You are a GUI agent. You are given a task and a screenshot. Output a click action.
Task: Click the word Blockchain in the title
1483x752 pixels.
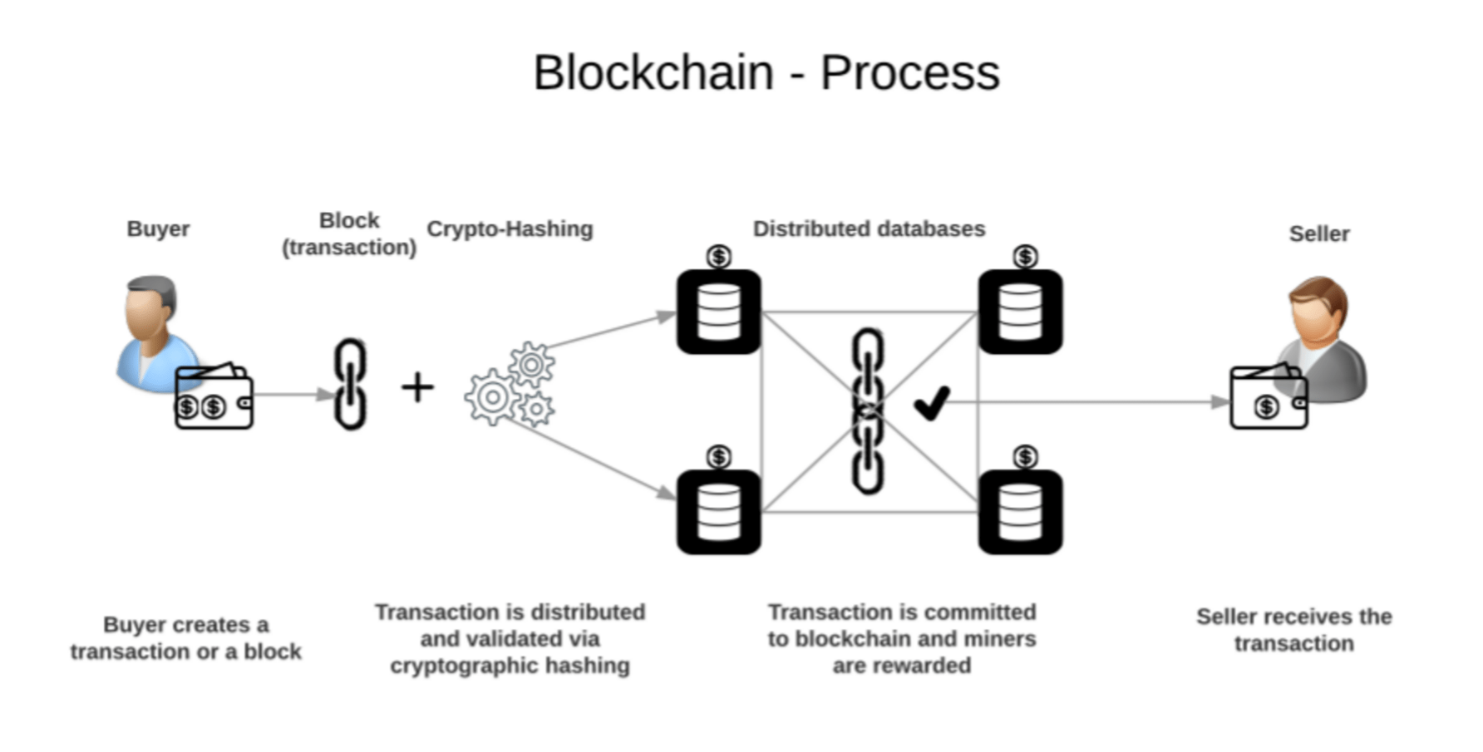click(x=653, y=72)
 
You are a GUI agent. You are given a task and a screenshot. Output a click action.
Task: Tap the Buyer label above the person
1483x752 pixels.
click(x=158, y=229)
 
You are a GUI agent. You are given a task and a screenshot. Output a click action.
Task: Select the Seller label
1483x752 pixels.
click(x=1318, y=233)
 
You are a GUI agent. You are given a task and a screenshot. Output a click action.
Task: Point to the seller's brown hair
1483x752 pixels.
click(x=1320, y=291)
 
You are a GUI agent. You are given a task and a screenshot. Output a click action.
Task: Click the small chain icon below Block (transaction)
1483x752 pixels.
click(x=350, y=384)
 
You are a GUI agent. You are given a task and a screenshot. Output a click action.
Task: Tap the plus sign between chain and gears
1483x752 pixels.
click(x=417, y=387)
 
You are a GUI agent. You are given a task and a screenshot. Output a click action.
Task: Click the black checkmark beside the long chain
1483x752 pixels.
click(x=932, y=403)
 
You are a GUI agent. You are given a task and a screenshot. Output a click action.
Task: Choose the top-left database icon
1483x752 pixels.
click(x=719, y=312)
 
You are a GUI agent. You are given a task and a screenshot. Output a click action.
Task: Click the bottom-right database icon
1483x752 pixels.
click(x=1020, y=512)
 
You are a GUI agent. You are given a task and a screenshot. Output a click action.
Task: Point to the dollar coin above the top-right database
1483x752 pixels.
click(x=1025, y=256)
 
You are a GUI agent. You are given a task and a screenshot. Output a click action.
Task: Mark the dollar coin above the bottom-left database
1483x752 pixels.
click(x=719, y=456)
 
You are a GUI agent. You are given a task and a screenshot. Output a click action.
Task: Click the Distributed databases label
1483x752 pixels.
click(x=869, y=229)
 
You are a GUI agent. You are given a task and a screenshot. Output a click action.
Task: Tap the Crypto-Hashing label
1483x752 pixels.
click(x=510, y=229)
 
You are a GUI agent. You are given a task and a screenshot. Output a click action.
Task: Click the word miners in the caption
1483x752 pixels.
click(x=1000, y=638)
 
